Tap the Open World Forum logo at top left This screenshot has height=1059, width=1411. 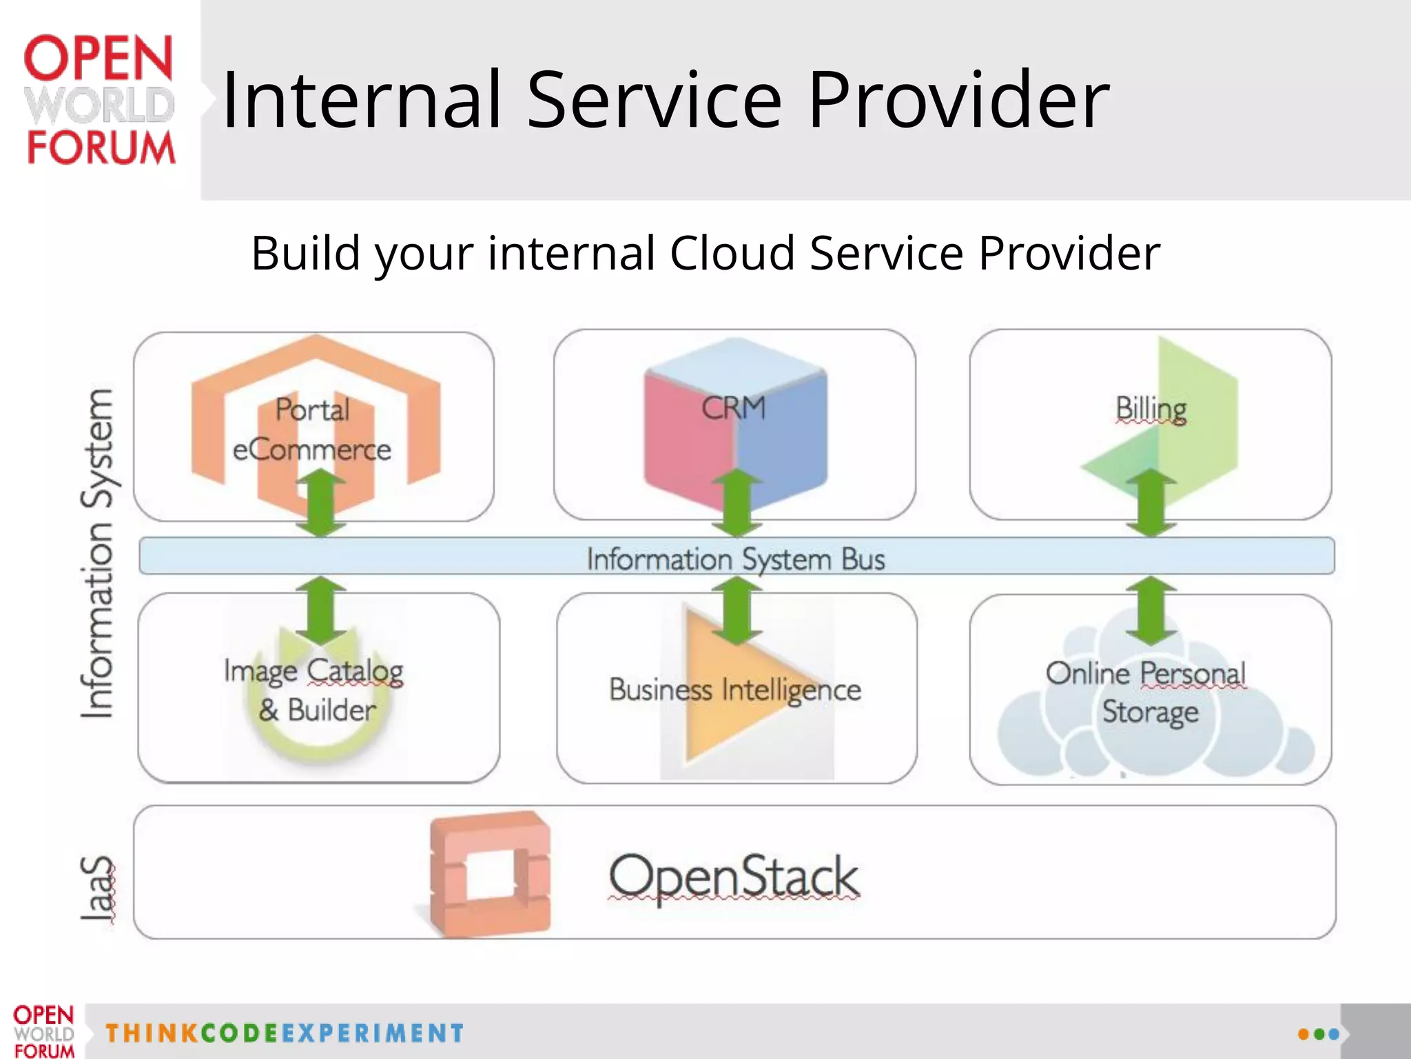[100, 100]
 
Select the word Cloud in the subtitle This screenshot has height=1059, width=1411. [732, 253]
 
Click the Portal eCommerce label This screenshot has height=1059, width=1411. [313, 429]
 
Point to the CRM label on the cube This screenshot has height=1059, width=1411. [734, 407]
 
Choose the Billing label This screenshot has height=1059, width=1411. [1151, 409]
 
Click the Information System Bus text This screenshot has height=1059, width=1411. [736, 558]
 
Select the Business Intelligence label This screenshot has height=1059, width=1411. [735, 689]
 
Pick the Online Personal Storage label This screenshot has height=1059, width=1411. [1146, 692]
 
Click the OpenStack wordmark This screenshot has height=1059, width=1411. [734, 876]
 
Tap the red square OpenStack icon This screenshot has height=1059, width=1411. [491, 874]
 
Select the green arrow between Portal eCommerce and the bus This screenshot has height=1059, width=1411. [321, 503]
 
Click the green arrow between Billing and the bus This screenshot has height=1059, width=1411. [1151, 503]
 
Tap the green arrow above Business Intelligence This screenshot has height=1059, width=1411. [737, 610]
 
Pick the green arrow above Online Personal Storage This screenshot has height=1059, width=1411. [1151, 610]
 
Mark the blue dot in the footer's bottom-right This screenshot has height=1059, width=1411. [1334, 1034]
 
